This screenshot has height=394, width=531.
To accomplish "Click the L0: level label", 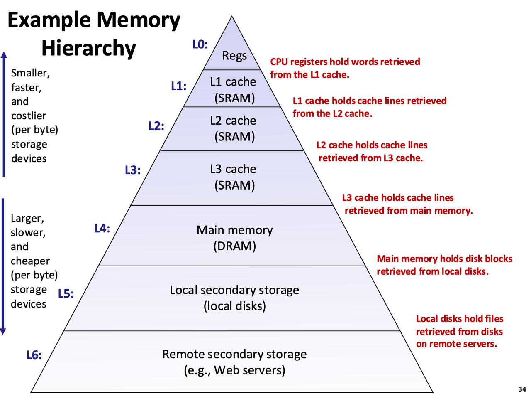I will [x=200, y=44].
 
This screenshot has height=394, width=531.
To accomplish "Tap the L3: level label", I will [x=133, y=170].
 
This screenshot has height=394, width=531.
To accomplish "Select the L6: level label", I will [x=34, y=355].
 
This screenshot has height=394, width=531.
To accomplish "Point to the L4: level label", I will [x=102, y=228].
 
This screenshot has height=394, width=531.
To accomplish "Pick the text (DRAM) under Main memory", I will [x=234, y=246].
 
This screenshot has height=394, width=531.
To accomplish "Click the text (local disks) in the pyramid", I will [x=234, y=306].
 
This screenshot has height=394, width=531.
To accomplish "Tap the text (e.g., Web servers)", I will [x=234, y=369].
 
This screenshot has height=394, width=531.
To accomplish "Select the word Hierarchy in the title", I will [x=88, y=48].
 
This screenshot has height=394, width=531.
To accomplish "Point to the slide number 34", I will [x=522, y=389].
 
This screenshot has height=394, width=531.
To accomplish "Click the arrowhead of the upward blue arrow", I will [x=4, y=55].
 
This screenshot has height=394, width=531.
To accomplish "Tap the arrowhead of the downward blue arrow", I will [x=3, y=331].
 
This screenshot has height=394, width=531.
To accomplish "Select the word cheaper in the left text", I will [x=30, y=261].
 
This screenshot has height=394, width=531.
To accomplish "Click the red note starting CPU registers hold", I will [x=345, y=68].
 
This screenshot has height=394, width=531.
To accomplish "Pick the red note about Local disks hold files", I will [x=459, y=331].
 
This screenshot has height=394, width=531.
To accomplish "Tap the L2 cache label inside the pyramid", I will [x=233, y=121].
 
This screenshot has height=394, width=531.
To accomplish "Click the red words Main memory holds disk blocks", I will [x=444, y=259].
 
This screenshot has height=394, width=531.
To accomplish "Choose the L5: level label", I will [x=66, y=294].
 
